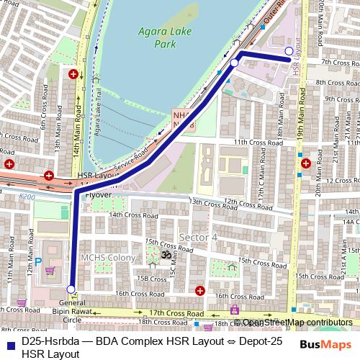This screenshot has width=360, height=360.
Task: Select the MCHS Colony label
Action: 107,258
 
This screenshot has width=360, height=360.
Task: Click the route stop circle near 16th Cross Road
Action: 71,289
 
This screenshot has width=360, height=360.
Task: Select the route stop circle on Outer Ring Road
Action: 234,63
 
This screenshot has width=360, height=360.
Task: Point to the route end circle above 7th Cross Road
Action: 289,50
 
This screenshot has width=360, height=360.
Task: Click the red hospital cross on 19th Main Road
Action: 307,163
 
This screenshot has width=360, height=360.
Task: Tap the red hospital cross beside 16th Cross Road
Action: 199,290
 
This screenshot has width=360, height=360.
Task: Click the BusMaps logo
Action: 325,344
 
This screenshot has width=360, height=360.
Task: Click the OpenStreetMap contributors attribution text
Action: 297,323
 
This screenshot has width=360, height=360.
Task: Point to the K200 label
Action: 27,196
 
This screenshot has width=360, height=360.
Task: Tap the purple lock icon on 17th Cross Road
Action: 234,310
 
